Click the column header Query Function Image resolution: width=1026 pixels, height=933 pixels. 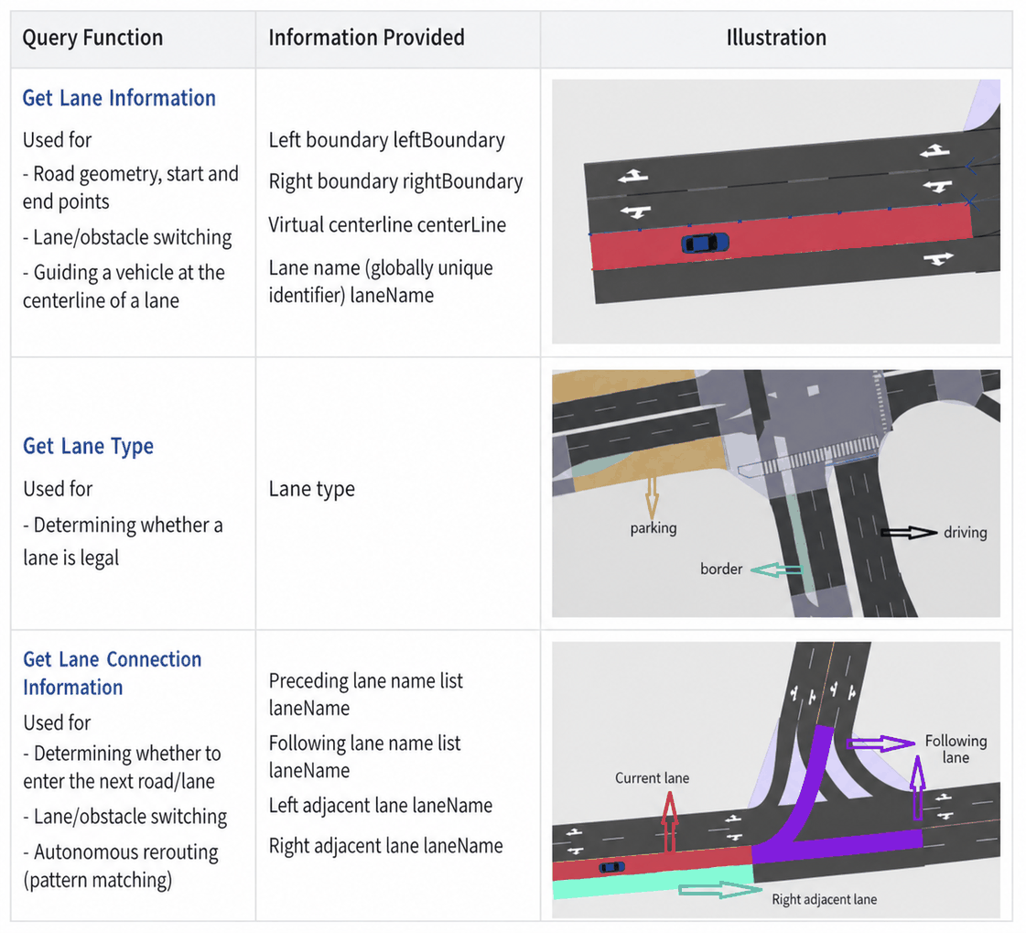coord(92,38)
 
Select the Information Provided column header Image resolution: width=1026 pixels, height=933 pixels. coord(366,38)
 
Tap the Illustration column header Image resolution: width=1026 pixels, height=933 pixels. coord(776,38)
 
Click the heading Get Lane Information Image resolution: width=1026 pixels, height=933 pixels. coord(119,98)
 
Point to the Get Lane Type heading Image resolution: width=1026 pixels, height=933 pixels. coord(89,447)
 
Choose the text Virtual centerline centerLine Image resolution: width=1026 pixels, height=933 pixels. coord(387,224)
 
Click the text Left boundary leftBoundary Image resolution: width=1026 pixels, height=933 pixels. coord(387,140)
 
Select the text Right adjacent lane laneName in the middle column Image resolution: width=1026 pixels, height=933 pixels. coord(386,846)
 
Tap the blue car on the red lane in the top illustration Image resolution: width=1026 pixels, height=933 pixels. coord(705,243)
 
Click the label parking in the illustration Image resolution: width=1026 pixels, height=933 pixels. coord(653,528)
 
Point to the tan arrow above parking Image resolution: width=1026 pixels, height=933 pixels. coord(652,497)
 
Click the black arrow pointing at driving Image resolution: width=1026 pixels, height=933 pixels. coord(909,532)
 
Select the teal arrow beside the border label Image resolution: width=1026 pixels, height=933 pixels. coord(776,570)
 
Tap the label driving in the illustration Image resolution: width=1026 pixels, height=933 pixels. coord(966,532)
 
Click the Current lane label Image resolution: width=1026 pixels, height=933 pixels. coord(652,778)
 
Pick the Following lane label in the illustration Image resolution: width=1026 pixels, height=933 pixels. coord(956,749)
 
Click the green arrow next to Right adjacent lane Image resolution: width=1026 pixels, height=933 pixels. coord(720,890)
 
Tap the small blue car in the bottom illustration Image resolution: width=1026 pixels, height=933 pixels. coord(611,867)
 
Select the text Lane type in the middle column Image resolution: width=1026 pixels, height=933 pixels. coord(311,489)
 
